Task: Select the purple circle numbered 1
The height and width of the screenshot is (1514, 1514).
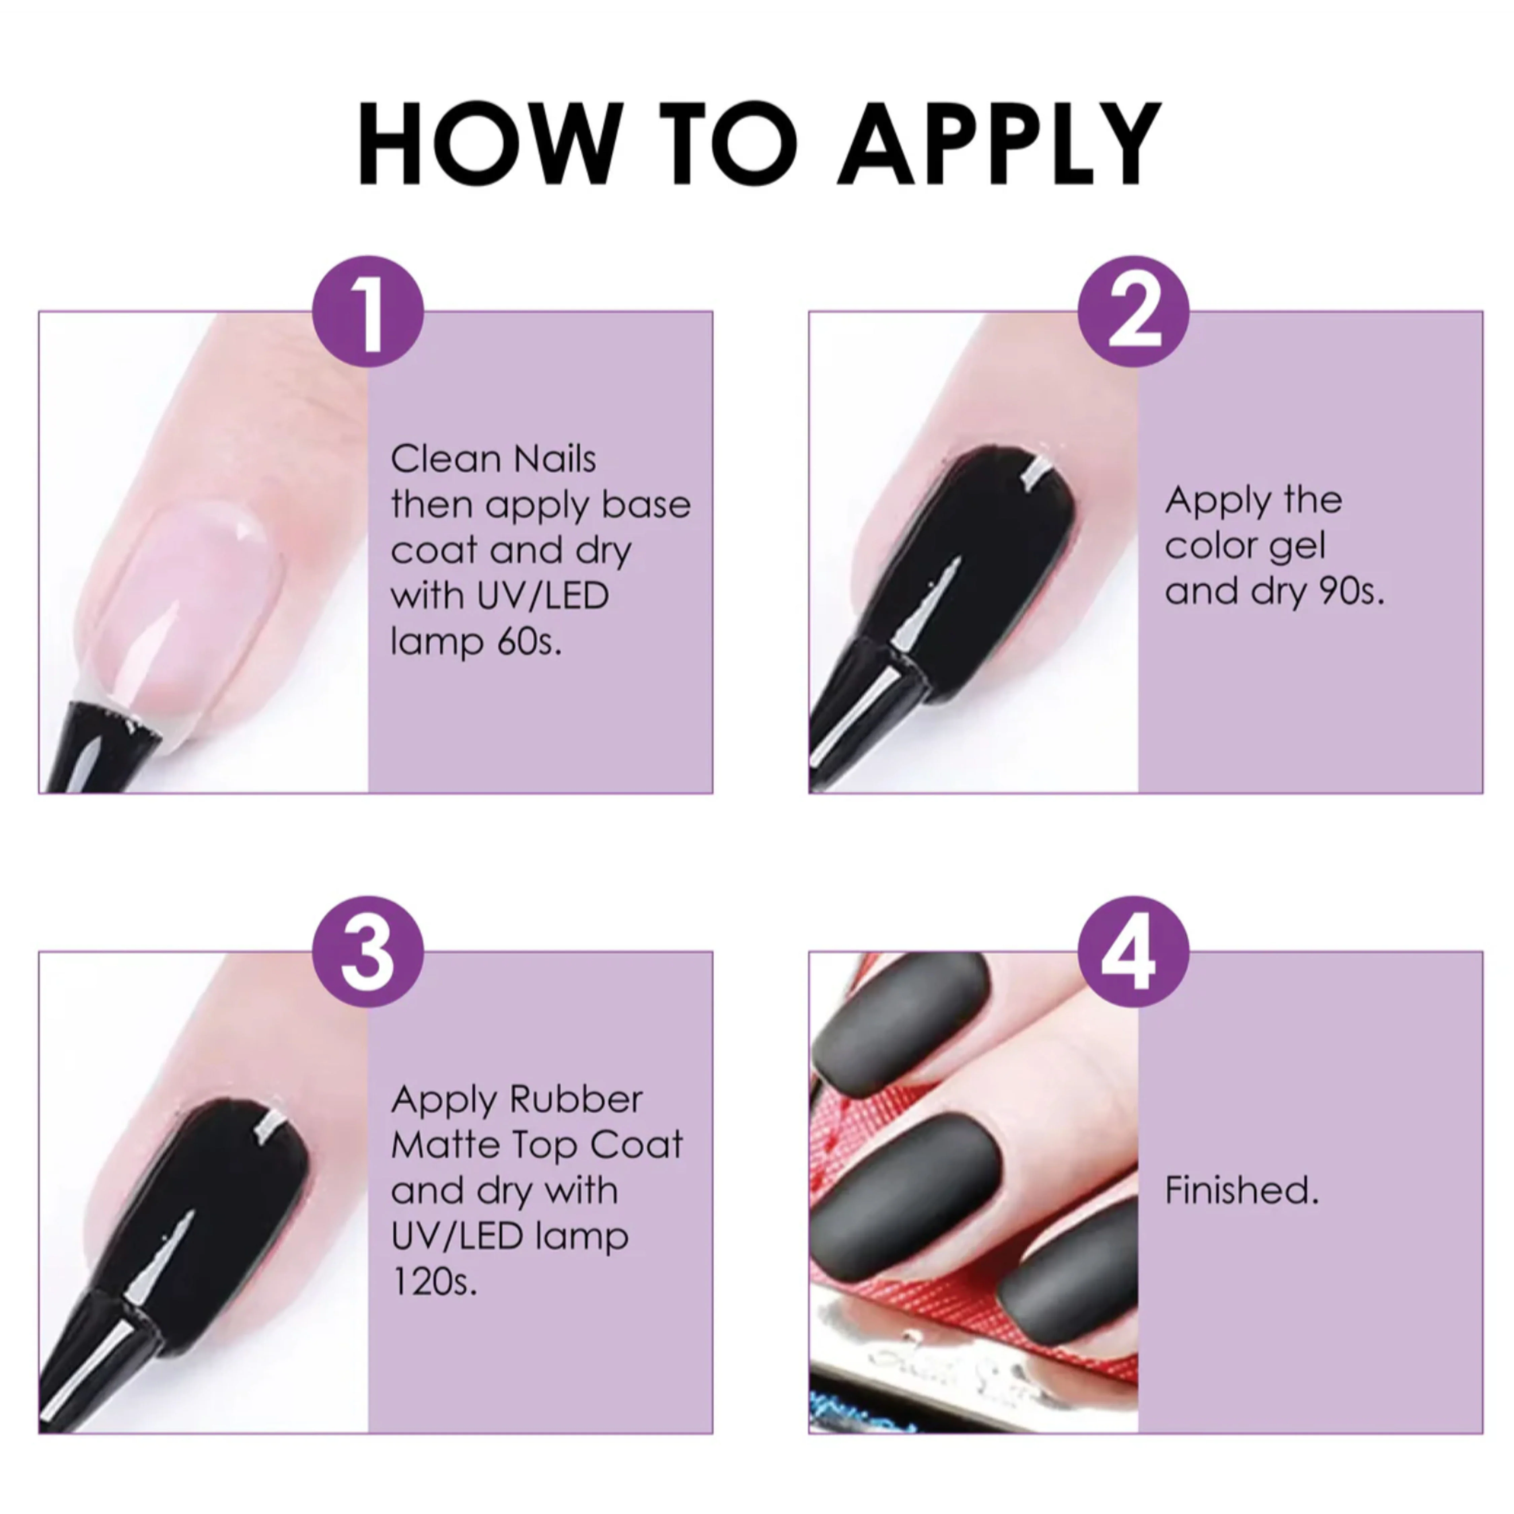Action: pyautogui.click(x=367, y=311)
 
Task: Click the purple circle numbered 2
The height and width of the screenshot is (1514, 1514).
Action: pyautogui.click(x=1133, y=311)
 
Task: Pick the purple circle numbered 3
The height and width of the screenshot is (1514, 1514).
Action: pyautogui.click(x=367, y=951)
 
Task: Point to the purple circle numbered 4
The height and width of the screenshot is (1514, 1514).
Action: pyautogui.click(x=1133, y=951)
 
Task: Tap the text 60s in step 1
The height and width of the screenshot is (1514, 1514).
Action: pyautogui.click(x=530, y=642)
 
